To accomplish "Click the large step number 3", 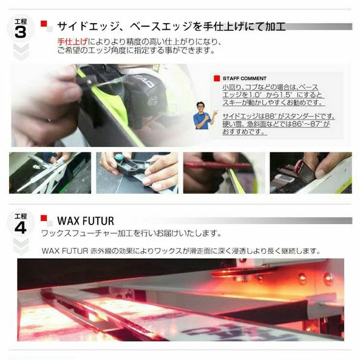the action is point(21,32).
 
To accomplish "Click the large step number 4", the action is point(21,227).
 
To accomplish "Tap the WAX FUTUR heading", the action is point(86,221).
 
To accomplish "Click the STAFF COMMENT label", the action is point(245,78).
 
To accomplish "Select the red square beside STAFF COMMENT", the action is point(217,78).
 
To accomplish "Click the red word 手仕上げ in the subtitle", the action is point(72,42).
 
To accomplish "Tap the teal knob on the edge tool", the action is point(119,157).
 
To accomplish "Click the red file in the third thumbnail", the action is point(218,165).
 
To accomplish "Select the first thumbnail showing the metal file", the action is point(50,172).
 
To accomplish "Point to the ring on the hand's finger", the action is point(49,120).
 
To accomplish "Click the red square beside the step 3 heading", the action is point(44,24).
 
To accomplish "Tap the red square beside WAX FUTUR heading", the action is point(44,218).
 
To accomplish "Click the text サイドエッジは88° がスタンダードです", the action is point(279,116).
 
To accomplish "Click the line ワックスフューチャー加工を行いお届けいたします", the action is point(131,234).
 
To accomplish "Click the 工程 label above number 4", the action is point(21,216).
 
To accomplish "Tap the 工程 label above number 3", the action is point(21,22).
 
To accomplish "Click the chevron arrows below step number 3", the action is point(21,52).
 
